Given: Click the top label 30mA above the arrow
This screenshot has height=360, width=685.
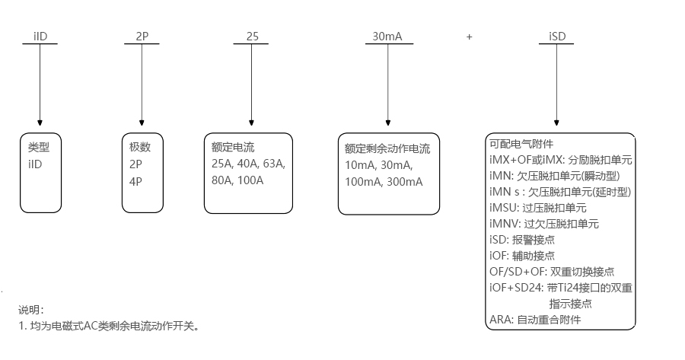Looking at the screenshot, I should click(x=387, y=36).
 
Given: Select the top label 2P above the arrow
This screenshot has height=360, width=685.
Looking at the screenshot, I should click(x=141, y=36).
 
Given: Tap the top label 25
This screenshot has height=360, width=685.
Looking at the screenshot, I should click(x=252, y=36).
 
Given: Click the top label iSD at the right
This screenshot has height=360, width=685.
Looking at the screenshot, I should click(x=556, y=36).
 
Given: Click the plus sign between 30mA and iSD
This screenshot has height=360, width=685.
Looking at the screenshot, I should click(x=470, y=37).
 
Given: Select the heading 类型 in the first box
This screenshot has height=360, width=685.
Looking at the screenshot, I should click(x=39, y=148).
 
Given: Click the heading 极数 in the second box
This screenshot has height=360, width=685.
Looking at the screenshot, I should click(x=140, y=148).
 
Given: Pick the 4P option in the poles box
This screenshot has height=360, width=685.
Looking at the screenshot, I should click(x=135, y=181).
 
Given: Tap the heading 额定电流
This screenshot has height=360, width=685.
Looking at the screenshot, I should click(x=233, y=148).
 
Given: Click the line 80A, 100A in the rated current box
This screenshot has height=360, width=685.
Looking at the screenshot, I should click(x=237, y=180).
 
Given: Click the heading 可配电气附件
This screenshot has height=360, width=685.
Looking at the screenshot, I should click(x=521, y=144).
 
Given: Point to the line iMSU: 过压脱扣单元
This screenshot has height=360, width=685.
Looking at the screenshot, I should click(x=538, y=208).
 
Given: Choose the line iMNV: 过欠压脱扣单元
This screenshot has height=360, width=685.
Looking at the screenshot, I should click(x=544, y=224).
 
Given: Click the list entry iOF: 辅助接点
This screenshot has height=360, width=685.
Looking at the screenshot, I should click(x=522, y=256).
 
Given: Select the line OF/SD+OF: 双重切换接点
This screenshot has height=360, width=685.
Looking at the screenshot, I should click(x=552, y=272).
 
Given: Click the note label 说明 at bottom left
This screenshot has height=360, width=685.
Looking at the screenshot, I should click(x=31, y=310).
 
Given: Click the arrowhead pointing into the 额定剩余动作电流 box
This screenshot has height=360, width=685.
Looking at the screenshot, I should click(x=387, y=122).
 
